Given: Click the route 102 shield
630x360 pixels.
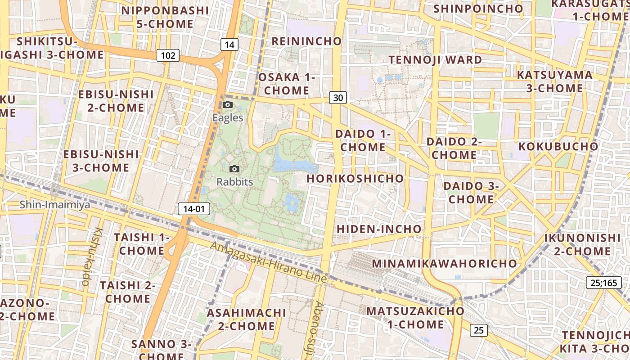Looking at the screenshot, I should tap(168, 55).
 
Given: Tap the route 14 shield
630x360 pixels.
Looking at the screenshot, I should tap(229, 45).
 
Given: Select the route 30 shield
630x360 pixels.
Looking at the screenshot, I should tap(338, 97).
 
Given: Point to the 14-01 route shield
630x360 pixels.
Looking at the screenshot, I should tap(194, 209).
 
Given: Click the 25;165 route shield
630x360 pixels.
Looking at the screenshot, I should tap(604, 283).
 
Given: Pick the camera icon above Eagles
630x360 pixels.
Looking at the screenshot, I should tap(228, 105).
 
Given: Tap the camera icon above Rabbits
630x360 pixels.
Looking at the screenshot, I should tap(234, 169).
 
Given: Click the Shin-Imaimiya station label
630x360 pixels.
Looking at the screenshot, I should tap(54, 205).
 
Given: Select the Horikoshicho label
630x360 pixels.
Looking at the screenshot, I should tap(355, 179).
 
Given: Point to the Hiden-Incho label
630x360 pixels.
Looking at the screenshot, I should tap(379, 229).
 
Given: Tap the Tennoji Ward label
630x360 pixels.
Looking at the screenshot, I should tap(435, 59).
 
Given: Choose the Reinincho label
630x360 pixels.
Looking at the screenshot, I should tap(307, 41).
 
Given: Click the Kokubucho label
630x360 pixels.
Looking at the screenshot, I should tap(558, 146).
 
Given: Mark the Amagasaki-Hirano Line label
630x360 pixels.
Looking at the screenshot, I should tap(268, 263).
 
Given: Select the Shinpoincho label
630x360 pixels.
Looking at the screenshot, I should tap(478, 9).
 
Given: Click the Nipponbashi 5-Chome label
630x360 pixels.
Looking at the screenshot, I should tap(165, 17).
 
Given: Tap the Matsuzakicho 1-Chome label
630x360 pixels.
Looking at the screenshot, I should tap(415, 318).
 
